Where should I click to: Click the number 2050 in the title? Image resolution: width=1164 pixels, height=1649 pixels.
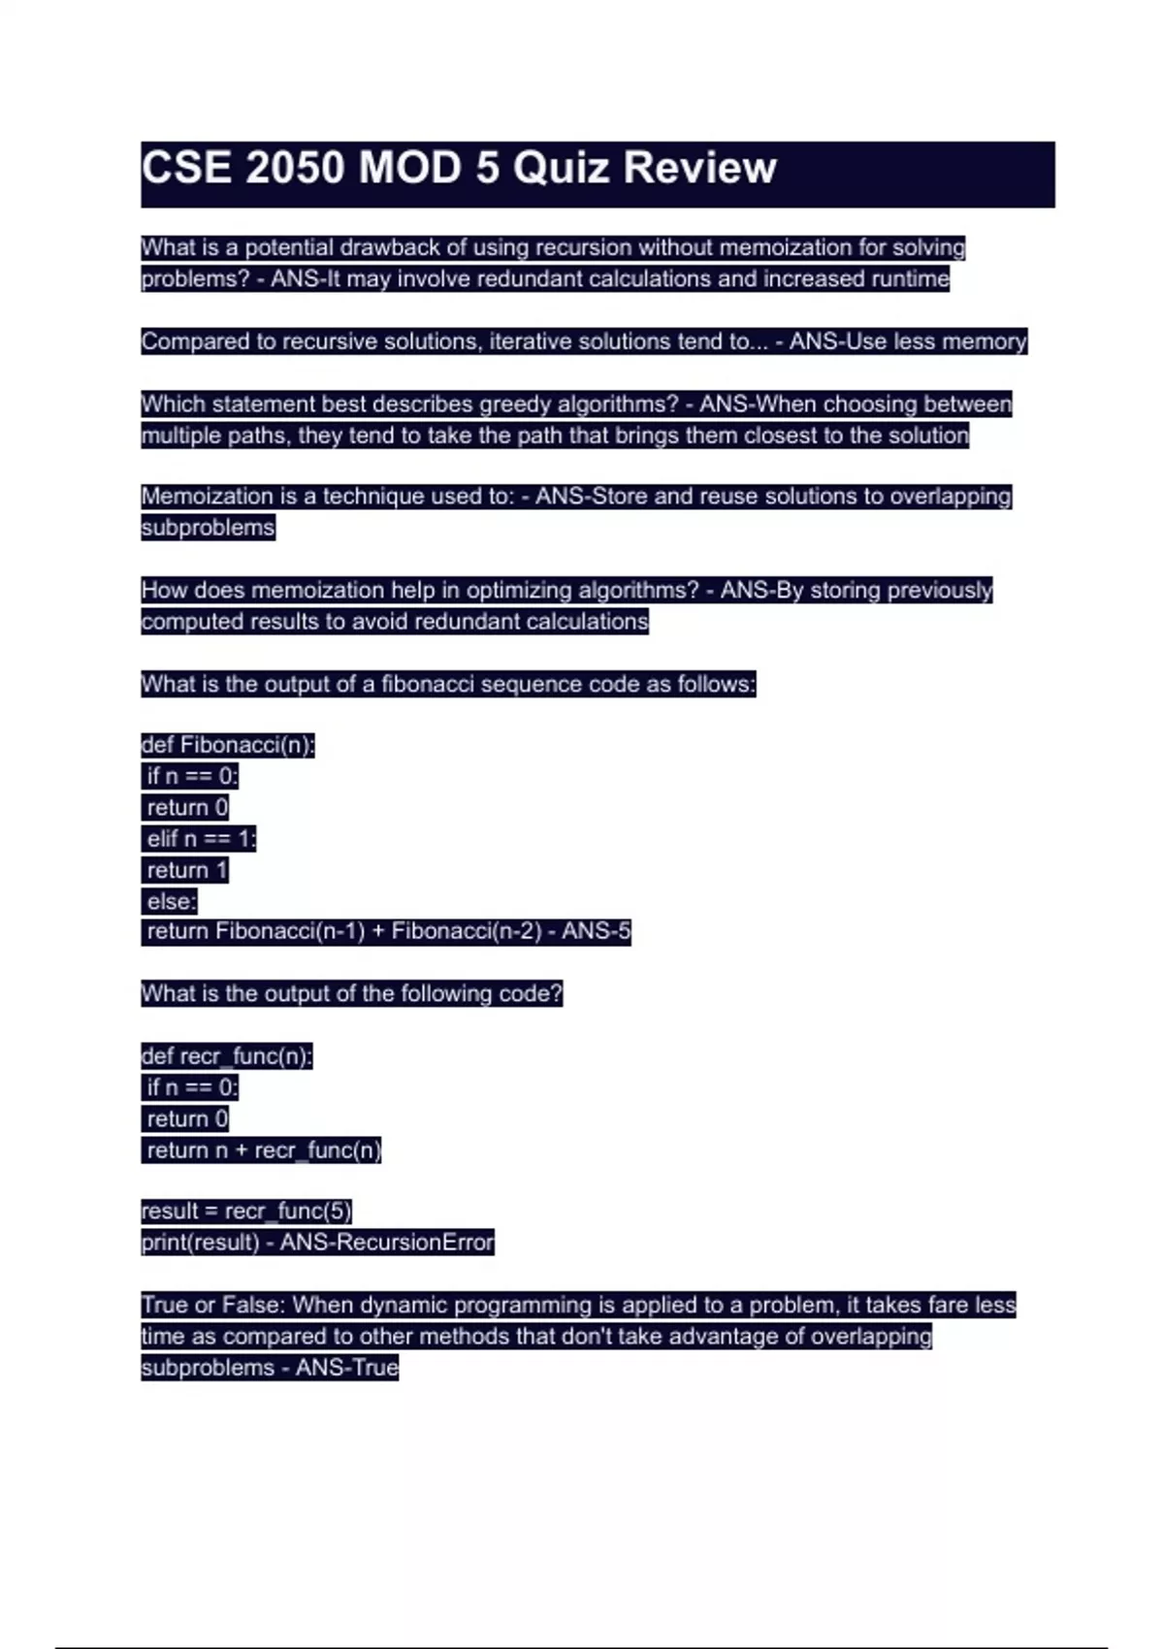coord(295,168)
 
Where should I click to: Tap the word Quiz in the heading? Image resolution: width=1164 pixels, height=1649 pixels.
coord(561,168)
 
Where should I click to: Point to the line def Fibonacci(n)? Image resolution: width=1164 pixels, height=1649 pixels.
coord(228,745)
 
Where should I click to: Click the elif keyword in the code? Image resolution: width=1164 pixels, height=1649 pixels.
coord(163,839)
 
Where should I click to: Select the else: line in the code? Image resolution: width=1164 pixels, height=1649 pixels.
coord(172,901)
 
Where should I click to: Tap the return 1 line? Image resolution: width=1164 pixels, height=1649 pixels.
coord(186,870)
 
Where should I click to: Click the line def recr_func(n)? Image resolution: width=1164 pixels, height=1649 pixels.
coord(227,1056)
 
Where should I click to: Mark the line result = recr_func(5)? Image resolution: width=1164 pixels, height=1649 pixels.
coord(246,1212)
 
